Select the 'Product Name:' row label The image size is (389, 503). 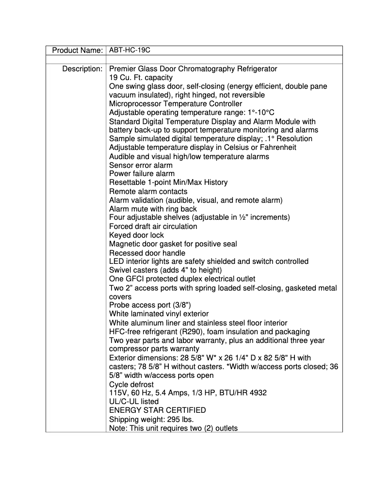(77, 50)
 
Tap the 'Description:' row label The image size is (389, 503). (82, 69)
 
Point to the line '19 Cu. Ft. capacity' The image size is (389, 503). (141, 78)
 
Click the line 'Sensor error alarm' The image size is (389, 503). (141, 165)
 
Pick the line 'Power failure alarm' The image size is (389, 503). (142, 174)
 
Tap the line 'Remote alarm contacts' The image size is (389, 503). (148, 191)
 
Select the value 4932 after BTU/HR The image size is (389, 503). (257, 393)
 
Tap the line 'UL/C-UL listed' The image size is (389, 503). (134, 402)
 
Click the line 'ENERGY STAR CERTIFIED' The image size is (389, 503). (157, 410)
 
